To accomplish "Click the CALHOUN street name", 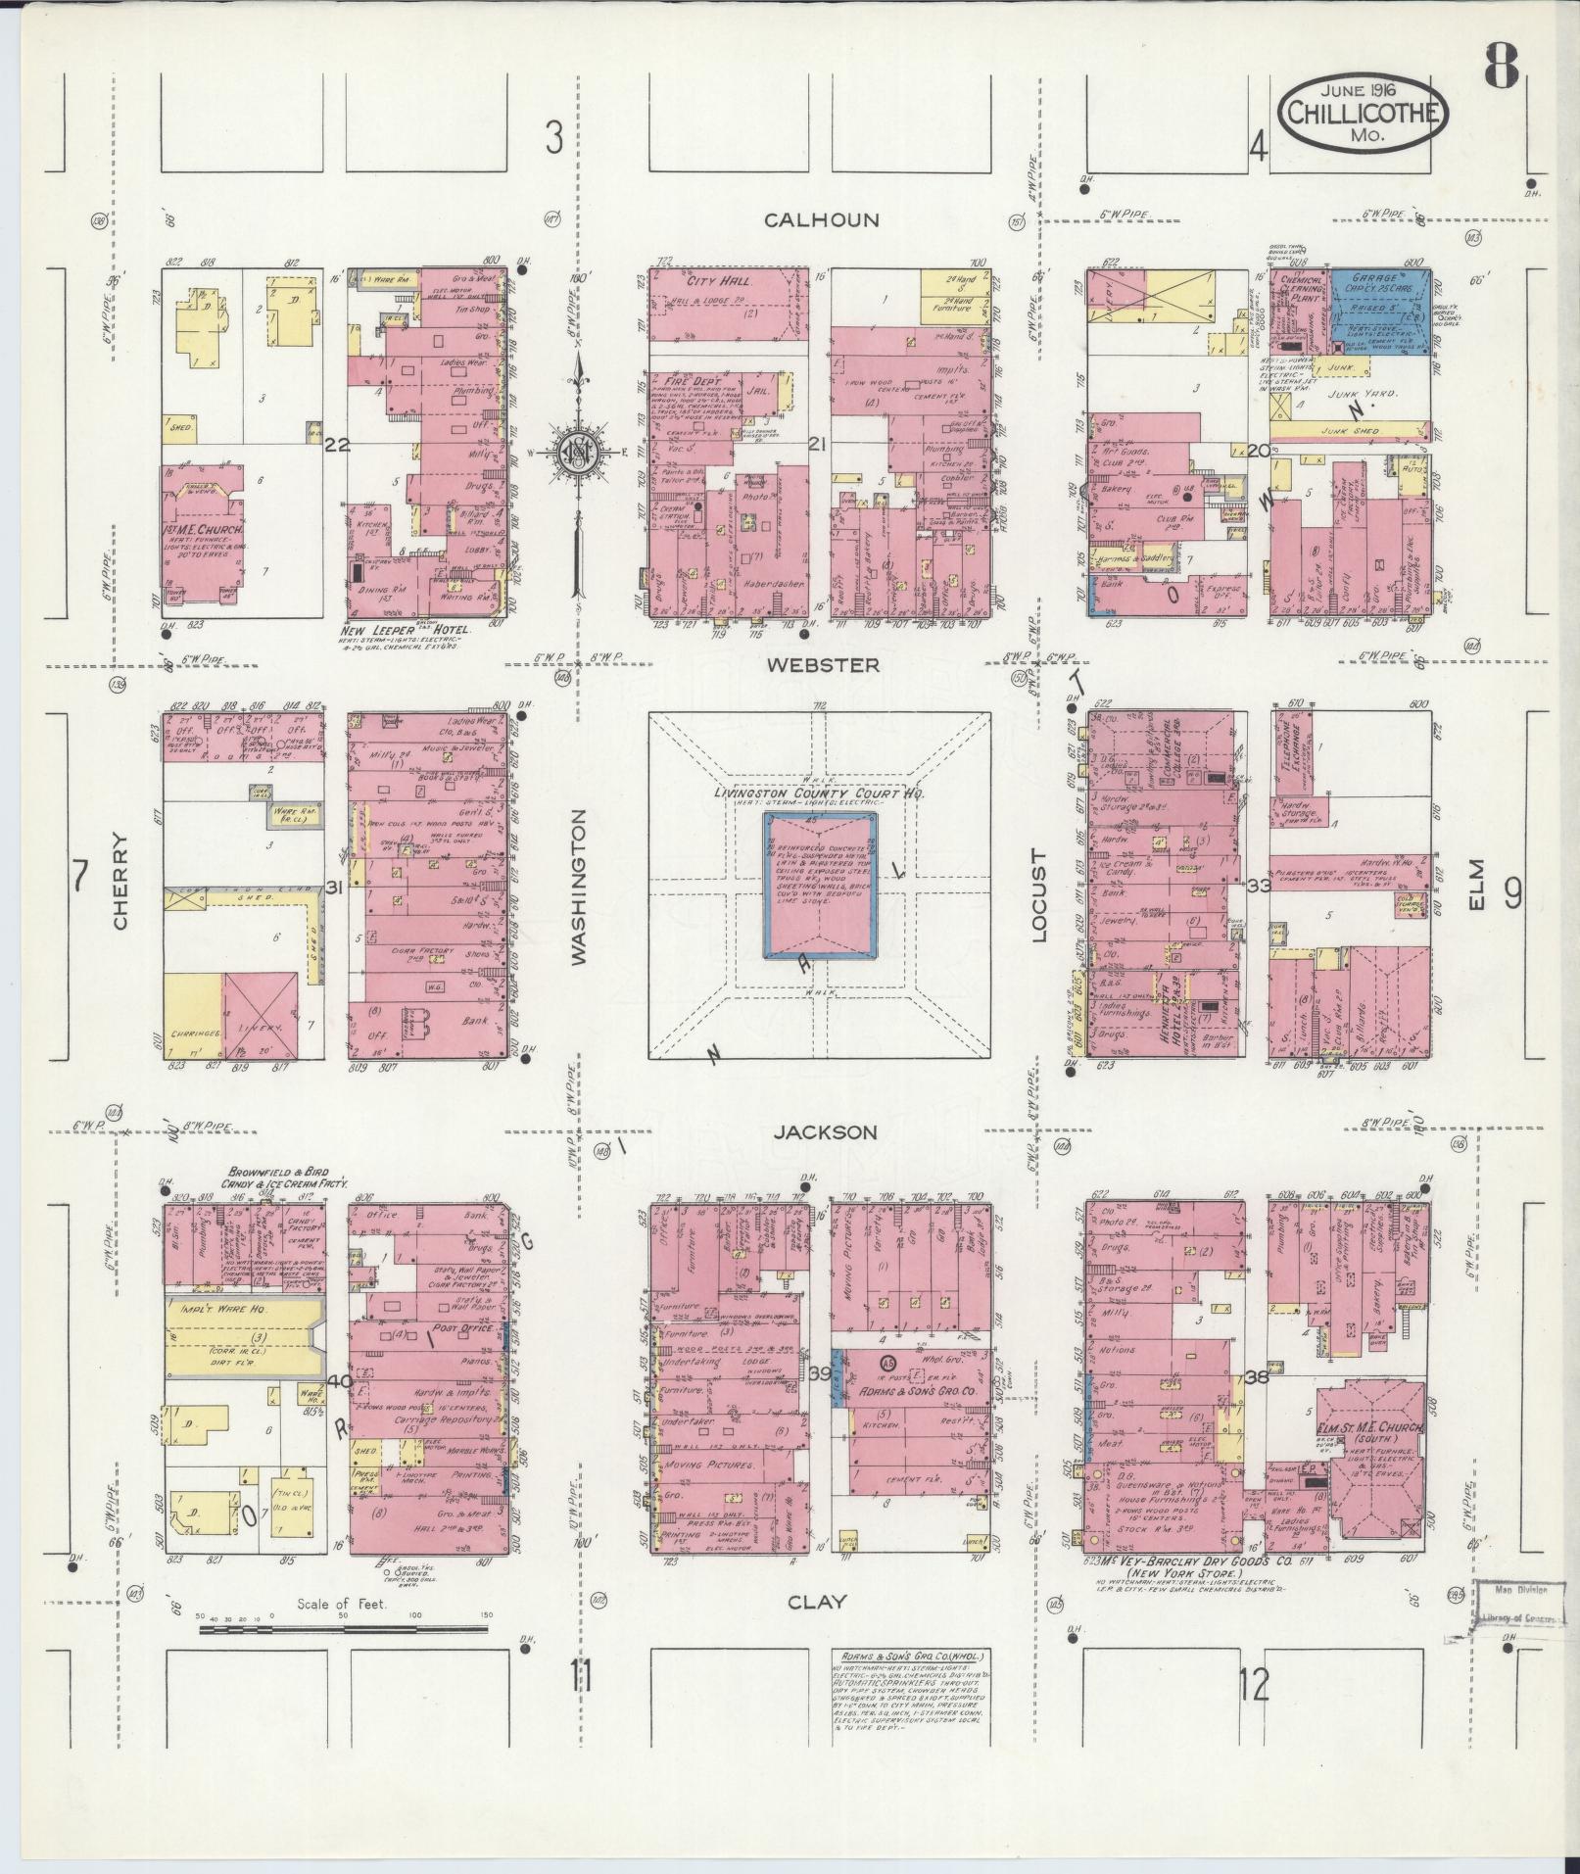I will pyautogui.click(x=821, y=220).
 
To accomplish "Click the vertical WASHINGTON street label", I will pyautogui.click(x=578, y=888).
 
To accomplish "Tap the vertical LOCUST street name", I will pyautogui.click(x=1039, y=895).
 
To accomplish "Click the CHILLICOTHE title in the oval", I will pyautogui.click(x=1364, y=113).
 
